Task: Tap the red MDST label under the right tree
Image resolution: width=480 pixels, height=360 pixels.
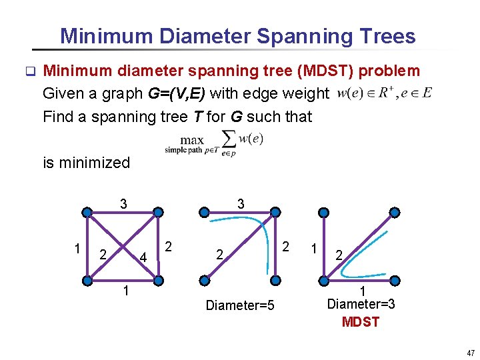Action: (361, 322)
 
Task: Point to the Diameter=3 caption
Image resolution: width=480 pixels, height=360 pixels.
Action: (361, 304)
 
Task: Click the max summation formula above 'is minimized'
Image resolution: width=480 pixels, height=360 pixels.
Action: (215, 143)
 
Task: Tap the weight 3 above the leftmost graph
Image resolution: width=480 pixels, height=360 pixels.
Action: (123, 203)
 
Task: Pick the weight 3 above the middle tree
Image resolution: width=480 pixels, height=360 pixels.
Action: (241, 203)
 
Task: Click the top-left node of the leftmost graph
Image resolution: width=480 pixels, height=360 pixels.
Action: (87, 213)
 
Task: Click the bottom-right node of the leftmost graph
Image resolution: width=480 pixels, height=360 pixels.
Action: (158, 280)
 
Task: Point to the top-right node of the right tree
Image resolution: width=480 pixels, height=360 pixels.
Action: (394, 213)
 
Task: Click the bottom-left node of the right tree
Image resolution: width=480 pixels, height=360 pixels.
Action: (323, 280)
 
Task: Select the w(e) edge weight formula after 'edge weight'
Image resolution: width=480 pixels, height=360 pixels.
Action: (385, 93)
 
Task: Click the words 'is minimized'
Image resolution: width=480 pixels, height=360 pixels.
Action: (86, 162)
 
